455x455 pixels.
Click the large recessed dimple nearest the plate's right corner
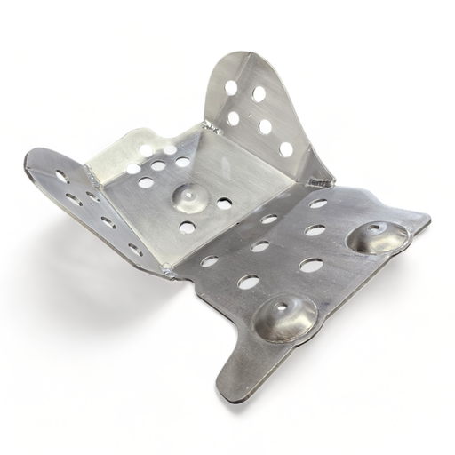click(378, 237)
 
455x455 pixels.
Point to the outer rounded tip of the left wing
click(30, 160)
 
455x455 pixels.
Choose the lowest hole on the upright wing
click(286, 149)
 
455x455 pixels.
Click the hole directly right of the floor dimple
click(224, 203)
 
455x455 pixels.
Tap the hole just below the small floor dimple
click(187, 227)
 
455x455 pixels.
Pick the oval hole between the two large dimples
click(311, 265)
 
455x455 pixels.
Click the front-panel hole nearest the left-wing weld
click(209, 261)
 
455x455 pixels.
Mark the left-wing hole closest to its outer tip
click(61, 176)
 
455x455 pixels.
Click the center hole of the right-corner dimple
click(372, 230)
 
